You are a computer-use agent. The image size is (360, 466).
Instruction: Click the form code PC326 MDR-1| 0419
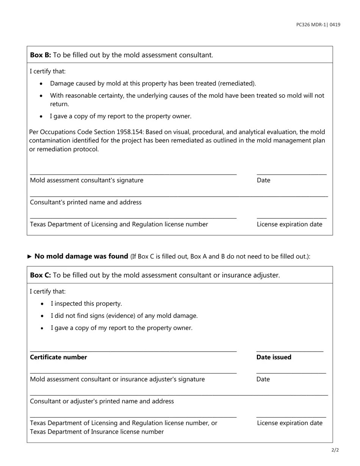[x=318, y=25]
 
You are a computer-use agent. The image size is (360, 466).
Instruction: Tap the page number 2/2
[x=335, y=450]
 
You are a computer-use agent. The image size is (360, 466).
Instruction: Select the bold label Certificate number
[x=58, y=357]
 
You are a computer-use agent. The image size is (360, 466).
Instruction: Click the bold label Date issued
[x=274, y=357]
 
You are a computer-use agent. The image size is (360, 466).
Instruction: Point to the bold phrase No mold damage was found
[x=81, y=256]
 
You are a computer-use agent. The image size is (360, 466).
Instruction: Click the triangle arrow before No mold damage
[x=30, y=256]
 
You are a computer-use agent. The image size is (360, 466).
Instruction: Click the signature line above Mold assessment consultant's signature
[x=133, y=174]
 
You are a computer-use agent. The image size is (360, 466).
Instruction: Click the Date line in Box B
[x=291, y=174]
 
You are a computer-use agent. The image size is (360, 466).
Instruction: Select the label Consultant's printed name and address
[x=86, y=202]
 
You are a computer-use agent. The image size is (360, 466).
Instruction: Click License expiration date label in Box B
[x=290, y=224]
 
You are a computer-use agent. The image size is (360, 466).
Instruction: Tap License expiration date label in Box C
[x=290, y=423]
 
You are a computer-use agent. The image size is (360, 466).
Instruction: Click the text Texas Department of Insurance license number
[x=97, y=432]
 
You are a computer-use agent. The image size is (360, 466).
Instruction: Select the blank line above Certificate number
[x=133, y=351]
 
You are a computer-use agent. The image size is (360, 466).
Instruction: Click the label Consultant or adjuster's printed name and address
[x=102, y=401]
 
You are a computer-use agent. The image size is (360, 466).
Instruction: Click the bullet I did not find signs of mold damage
[x=124, y=316]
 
